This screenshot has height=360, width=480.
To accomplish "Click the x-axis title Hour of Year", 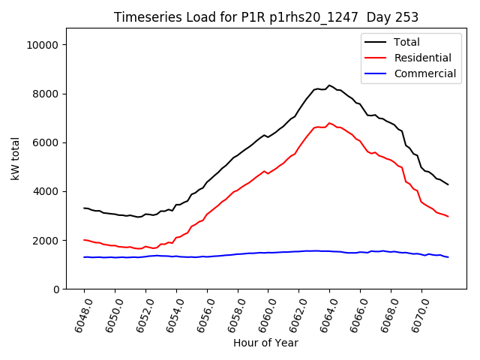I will [265, 343].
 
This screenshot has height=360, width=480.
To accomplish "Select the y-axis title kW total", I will [15, 159].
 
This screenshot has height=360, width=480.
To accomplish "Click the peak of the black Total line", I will [329, 85].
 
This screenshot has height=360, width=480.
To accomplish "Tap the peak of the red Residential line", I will [329, 123].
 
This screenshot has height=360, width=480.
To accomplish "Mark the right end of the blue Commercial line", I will [448, 257].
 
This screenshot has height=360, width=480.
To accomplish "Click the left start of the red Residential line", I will [84, 240].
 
